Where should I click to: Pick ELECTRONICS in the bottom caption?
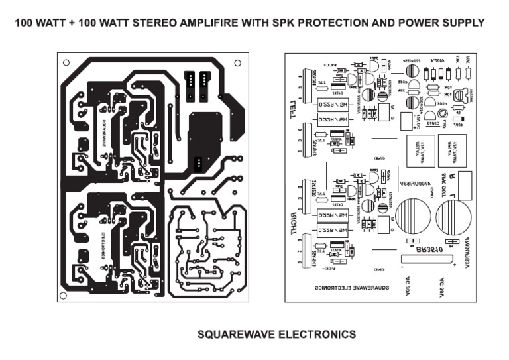(x=314, y=334)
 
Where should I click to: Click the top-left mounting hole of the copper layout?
(x=66, y=63)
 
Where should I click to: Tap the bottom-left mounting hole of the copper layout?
(x=66, y=290)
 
